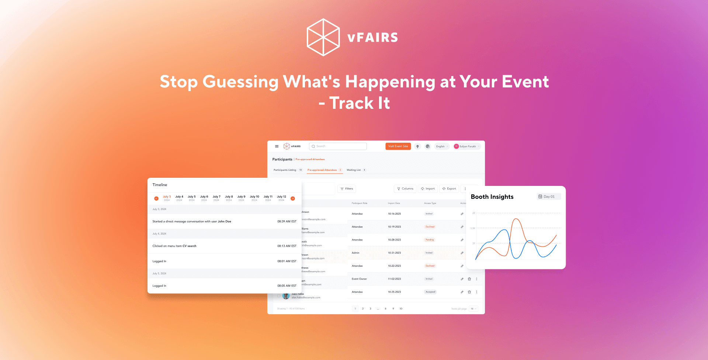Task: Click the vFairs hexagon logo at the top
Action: click(323, 37)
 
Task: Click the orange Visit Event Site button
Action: click(398, 146)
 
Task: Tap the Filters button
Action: click(347, 189)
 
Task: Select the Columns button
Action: click(405, 189)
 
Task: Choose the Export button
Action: click(449, 189)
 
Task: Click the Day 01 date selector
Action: click(548, 197)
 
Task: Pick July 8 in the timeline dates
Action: click(229, 198)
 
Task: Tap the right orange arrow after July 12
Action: click(293, 198)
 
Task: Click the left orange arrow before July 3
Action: click(156, 198)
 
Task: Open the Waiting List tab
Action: click(354, 170)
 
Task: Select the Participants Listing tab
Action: click(285, 170)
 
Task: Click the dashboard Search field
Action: click(338, 146)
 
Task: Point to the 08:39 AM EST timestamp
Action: click(287, 222)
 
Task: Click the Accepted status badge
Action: click(430, 292)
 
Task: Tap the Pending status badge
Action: click(430, 240)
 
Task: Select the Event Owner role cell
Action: click(359, 279)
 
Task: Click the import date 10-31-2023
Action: click(394, 253)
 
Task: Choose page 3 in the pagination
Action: click(371, 309)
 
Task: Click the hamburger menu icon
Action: click(277, 146)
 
